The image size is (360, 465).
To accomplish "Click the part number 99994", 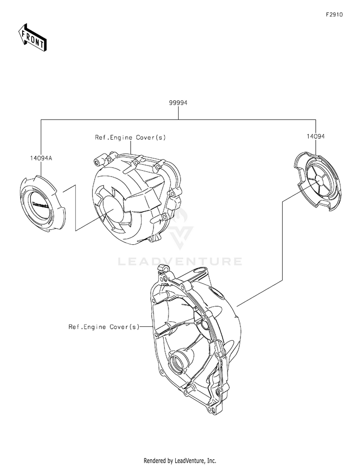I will point(179,103).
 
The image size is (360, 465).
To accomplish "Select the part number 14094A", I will point(40,157).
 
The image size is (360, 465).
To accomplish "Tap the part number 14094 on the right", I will point(316,136).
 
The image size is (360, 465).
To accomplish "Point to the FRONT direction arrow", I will point(33,37).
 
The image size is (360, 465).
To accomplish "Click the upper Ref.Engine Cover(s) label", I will point(130,138).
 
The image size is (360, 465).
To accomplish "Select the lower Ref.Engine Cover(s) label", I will point(104,327).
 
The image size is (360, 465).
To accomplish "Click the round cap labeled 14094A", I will point(41,204).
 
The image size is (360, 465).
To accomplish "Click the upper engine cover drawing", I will point(137,197).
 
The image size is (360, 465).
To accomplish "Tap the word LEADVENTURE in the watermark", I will point(180,262).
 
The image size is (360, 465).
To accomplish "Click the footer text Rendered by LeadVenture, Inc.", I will point(180,459).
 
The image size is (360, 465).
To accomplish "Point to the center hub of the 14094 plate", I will point(317,181).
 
